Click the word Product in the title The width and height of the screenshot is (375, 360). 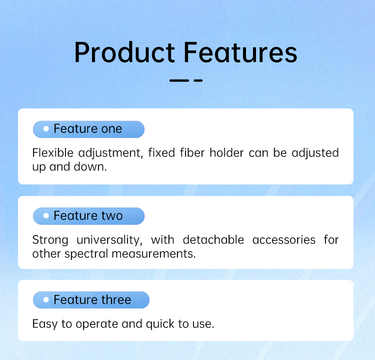click(124, 52)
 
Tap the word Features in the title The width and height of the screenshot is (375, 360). click(240, 52)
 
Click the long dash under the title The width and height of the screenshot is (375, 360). click(179, 80)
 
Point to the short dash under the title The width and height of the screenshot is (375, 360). click(198, 80)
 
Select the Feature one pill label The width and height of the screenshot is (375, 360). click(88, 129)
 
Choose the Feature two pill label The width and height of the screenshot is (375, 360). click(88, 216)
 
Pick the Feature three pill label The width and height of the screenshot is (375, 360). click(91, 299)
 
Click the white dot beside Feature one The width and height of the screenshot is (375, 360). click(46, 129)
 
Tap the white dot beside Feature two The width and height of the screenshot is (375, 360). click(46, 216)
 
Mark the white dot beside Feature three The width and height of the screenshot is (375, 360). click(46, 299)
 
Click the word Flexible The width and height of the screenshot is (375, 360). click(53, 152)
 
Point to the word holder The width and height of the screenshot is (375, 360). click(226, 152)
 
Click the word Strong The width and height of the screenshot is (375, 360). click(50, 240)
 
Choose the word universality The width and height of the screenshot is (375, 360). click(109, 240)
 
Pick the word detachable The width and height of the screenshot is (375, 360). click(213, 239)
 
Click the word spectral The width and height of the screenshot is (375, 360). click(86, 254)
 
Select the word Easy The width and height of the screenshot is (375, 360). click(45, 324)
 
